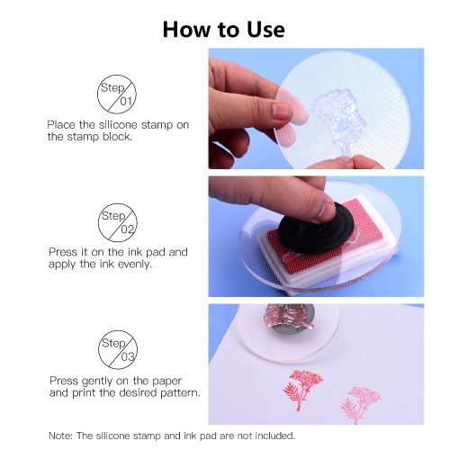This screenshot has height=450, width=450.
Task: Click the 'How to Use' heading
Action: (x=224, y=30)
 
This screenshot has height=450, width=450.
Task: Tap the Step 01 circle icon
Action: (x=117, y=94)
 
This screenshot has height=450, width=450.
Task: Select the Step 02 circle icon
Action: (x=118, y=222)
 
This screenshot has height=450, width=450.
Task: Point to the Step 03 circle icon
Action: (x=118, y=350)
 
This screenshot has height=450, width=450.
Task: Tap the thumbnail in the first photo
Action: (x=282, y=112)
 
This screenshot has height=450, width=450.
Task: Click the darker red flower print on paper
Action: (x=302, y=389)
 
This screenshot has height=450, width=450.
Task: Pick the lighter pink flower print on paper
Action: (x=361, y=404)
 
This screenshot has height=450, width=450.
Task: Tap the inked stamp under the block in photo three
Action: (x=288, y=319)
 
